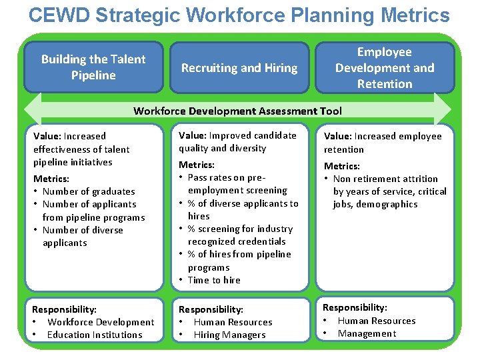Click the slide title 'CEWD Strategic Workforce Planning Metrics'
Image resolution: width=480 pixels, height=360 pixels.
click(x=239, y=15)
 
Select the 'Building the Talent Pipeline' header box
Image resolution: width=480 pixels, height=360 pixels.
click(x=93, y=67)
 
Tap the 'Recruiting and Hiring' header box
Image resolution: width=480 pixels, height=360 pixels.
click(x=239, y=67)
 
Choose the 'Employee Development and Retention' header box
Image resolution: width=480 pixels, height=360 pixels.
click(x=385, y=67)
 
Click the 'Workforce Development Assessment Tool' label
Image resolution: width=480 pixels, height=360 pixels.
click(x=237, y=111)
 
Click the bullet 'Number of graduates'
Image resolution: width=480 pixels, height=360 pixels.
click(x=89, y=191)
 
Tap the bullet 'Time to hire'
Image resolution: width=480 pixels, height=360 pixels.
click(x=214, y=280)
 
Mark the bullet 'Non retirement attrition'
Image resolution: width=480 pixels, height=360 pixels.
click(x=385, y=179)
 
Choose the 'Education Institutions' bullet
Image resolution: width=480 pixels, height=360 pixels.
click(x=95, y=335)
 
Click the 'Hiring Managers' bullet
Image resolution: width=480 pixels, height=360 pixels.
click(x=229, y=335)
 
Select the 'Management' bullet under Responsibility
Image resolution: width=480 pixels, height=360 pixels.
click(x=367, y=333)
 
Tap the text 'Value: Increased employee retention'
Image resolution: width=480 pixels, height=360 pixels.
click(x=383, y=142)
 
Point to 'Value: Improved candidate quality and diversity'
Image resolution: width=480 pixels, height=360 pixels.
click(x=237, y=141)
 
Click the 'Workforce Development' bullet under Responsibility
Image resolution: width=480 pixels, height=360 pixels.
click(x=101, y=322)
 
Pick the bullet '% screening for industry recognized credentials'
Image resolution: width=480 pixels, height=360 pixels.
click(x=240, y=235)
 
